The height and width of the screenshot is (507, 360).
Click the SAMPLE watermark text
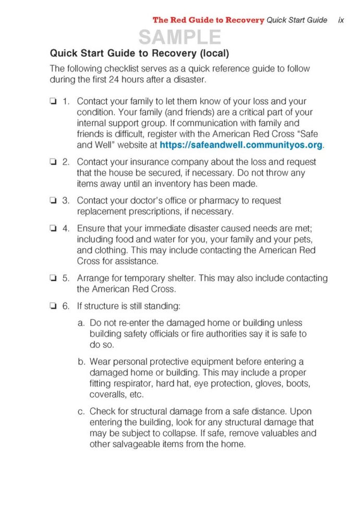click(179, 37)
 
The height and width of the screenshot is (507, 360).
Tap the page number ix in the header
click(341, 20)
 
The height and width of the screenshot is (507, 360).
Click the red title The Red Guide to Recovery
click(208, 20)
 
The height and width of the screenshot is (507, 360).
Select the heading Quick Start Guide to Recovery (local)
click(139, 53)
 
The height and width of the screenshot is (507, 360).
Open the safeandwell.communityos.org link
click(241, 145)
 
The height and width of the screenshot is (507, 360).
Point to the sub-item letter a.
click(81, 323)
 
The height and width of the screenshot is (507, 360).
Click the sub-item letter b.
click(81, 361)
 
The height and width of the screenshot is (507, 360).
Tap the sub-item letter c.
click(81, 412)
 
